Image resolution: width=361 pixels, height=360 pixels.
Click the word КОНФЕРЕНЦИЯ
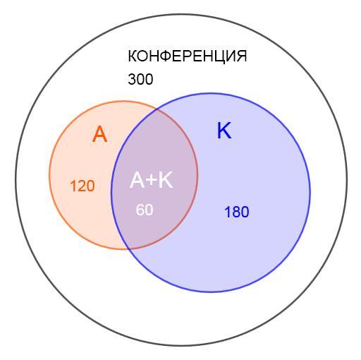(x=188, y=56)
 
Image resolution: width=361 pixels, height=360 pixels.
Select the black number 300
(x=140, y=79)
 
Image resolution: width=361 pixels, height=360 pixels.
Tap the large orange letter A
(x=100, y=134)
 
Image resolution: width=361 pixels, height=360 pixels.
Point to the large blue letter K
(x=224, y=131)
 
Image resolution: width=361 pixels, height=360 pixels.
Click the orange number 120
(x=82, y=186)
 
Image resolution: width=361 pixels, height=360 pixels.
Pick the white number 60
(x=145, y=210)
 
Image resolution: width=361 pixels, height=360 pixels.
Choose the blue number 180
(x=237, y=212)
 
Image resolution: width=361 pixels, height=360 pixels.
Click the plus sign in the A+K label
(x=152, y=180)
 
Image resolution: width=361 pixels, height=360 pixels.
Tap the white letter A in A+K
(x=137, y=180)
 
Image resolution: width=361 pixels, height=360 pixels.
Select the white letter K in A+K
(x=166, y=180)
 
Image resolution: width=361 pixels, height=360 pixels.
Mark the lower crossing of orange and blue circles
(x=129, y=248)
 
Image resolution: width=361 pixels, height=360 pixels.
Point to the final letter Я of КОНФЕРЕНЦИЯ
(x=242, y=56)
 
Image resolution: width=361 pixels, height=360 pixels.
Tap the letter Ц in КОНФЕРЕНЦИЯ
(x=221, y=57)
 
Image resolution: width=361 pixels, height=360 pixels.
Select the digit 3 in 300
(x=133, y=79)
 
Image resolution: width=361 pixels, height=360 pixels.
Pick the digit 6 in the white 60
(x=140, y=210)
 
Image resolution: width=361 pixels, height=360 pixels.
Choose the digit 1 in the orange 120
(x=73, y=186)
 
